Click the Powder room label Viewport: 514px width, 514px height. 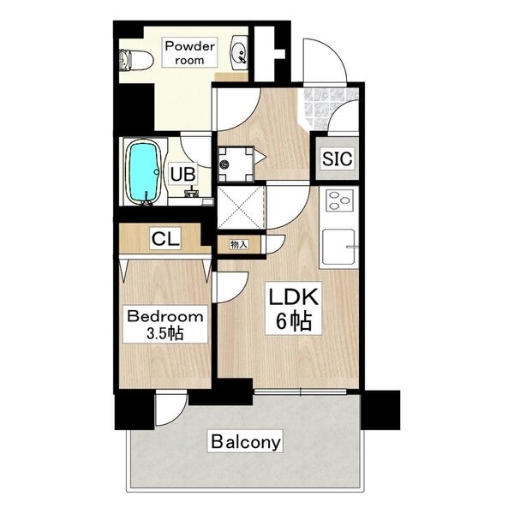(x=189, y=52)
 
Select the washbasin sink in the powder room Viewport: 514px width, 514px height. (x=239, y=52)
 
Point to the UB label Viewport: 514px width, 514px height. (x=183, y=174)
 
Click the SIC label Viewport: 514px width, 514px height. (x=337, y=158)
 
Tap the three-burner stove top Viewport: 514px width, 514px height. (x=339, y=200)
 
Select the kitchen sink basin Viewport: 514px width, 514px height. (x=338, y=247)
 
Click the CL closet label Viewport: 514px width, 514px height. (x=165, y=238)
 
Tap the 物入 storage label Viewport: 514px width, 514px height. (x=239, y=244)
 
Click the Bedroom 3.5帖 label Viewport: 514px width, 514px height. (x=165, y=325)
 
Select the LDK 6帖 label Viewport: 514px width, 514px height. (x=293, y=308)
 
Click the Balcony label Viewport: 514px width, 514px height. (x=246, y=441)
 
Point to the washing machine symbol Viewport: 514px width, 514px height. (x=236, y=164)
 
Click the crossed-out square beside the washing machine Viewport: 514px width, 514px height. (x=241, y=207)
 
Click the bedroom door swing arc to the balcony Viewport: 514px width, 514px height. (x=180, y=415)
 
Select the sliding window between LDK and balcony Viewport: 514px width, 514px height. (x=300, y=391)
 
